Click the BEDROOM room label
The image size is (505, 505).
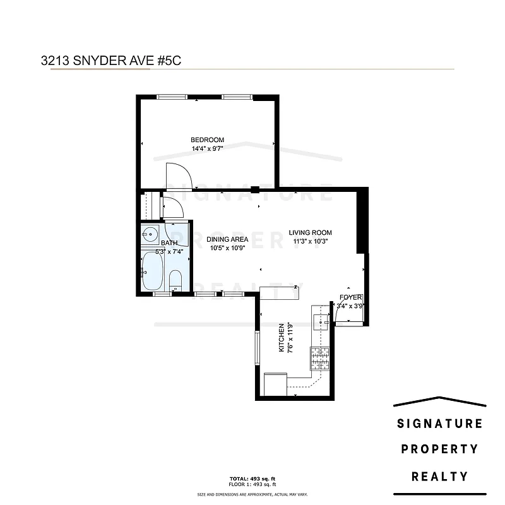[208, 140]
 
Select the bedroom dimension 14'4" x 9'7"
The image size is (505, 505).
[208, 149]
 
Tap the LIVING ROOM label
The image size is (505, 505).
[311, 232]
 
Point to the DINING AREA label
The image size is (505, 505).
[227, 240]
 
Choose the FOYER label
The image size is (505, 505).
[350, 297]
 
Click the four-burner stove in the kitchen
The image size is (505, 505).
[319, 359]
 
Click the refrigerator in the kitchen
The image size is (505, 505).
[276, 383]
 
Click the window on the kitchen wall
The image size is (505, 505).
[257, 347]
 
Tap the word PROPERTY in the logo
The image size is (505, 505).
[439, 449]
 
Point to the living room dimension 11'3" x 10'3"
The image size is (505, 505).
[311, 241]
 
